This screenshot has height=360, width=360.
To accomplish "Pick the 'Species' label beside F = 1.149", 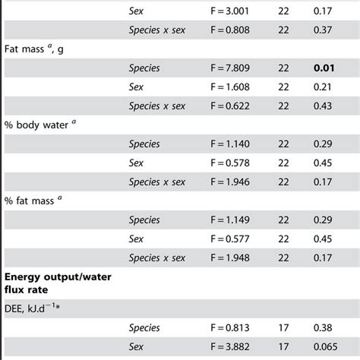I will [x=144, y=220].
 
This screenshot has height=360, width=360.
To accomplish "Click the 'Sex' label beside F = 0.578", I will [x=136, y=163].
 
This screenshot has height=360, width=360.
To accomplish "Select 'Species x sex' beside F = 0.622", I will [x=156, y=106].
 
